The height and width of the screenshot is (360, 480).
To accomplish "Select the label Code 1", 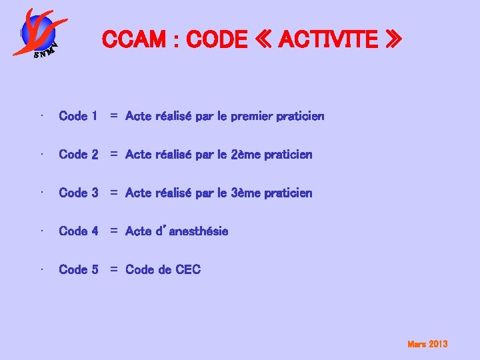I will (x=78, y=116).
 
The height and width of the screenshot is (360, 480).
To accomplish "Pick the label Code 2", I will (x=78, y=155).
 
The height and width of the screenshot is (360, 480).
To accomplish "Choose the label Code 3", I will (x=78, y=193).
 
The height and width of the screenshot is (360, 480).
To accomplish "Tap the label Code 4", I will (x=78, y=231).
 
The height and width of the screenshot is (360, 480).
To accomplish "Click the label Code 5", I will (x=78, y=270).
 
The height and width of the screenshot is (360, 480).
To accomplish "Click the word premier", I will (x=251, y=117).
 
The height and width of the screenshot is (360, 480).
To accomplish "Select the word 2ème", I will (x=246, y=155).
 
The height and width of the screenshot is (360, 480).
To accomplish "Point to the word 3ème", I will (x=246, y=193).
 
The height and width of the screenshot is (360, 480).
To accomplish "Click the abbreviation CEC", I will (x=188, y=270).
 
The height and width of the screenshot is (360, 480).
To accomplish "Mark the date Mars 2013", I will (x=427, y=344).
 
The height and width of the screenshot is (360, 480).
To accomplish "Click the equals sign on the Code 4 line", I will (x=114, y=231).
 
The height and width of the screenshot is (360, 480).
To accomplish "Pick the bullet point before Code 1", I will (x=41, y=116).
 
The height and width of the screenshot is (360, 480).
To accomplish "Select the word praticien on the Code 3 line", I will (x=288, y=193).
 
